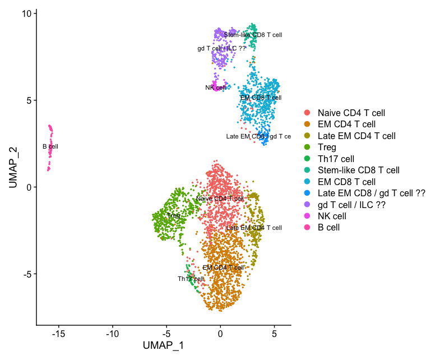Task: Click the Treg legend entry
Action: coord(327,147)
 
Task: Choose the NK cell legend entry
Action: coord(332,216)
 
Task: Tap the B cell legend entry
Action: coord(328,227)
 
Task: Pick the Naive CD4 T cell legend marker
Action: coord(307,113)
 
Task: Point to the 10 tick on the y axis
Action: coord(27,13)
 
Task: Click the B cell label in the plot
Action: coord(50,146)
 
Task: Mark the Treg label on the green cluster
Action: coord(173,215)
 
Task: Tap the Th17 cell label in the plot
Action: coord(191,279)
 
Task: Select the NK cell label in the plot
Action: coord(215,87)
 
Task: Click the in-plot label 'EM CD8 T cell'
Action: coord(261,98)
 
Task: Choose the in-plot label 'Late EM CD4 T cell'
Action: coord(254,228)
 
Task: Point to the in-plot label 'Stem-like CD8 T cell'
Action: coord(253,35)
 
